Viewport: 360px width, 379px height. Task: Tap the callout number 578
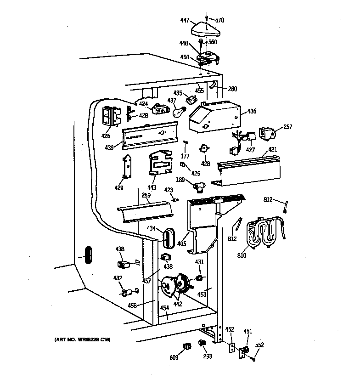click(220, 20)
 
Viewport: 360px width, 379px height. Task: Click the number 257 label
click(287, 126)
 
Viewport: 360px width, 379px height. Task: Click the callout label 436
click(251, 111)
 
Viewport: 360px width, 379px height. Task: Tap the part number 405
click(182, 243)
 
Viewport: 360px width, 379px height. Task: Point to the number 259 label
click(146, 195)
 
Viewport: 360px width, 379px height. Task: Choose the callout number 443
click(152, 187)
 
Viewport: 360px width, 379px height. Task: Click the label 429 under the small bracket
click(118, 187)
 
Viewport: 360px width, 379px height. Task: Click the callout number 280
click(233, 89)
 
